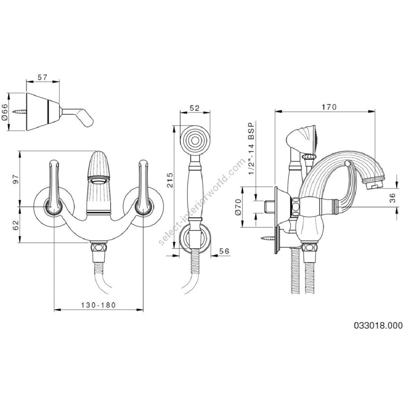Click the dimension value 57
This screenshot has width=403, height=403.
click(x=43, y=77)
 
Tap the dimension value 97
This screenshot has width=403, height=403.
click(x=16, y=179)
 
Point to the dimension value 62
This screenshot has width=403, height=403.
click(x=16, y=225)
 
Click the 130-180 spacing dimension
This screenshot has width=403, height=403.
click(x=99, y=305)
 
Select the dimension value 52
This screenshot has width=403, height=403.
click(x=195, y=108)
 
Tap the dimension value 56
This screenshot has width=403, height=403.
click(x=224, y=251)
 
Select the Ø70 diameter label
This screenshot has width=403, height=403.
click(x=238, y=207)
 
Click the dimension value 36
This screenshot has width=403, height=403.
click(x=392, y=198)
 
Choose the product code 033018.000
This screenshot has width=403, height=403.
click(x=378, y=326)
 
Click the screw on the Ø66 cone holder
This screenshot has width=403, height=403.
click(x=20, y=112)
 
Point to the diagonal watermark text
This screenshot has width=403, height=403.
click(x=202, y=202)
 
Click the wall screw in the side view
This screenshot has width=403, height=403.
click(x=268, y=238)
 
